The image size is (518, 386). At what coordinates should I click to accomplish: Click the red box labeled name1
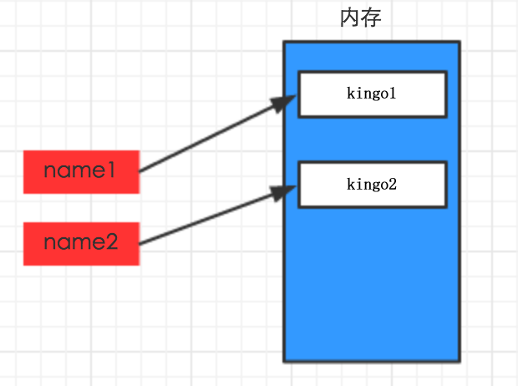pos(81,172)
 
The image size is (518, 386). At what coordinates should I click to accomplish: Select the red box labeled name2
pos(81,244)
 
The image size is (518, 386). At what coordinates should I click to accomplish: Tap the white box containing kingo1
pos(373,94)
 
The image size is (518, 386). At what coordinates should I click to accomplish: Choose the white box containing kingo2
pos(373,185)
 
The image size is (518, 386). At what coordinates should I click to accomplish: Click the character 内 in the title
pos(350,18)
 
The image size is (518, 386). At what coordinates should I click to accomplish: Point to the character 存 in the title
pos(371,18)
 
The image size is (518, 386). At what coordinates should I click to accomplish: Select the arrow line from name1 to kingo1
pos(218,134)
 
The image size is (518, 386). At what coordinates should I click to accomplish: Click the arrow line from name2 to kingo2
pos(218,216)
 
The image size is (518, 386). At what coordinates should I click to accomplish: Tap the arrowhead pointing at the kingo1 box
pos(283,103)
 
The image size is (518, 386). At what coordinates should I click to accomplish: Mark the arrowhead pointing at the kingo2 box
pos(283,192)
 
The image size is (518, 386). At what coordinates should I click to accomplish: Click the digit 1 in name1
pos(111,170)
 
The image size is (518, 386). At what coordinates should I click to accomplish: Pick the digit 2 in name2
pos(111,242)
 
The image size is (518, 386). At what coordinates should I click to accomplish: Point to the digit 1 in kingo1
pos(392,94)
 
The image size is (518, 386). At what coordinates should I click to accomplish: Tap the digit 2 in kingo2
pos(392,184)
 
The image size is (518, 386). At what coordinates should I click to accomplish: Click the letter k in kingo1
pos(351,94)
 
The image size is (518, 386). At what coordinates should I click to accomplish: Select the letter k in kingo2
pos(351,184)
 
